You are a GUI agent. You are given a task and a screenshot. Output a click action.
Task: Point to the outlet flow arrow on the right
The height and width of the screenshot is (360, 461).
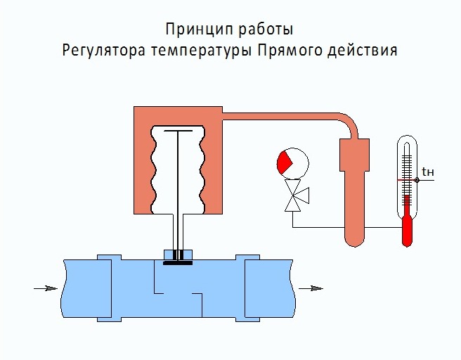(x=309, y=288)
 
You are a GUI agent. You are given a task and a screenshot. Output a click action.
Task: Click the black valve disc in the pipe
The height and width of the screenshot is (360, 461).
(x=178, y=263)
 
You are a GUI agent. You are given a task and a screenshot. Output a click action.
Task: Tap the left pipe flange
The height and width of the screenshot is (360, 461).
(x=104, y=288)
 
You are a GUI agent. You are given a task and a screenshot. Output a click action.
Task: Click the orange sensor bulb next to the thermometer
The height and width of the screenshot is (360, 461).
(x=354, y=197)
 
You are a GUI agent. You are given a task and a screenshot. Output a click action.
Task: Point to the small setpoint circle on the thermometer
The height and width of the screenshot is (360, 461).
(x=417, y=179)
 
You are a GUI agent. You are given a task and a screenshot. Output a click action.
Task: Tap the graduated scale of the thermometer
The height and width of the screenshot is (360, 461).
(x=406, y=169)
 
